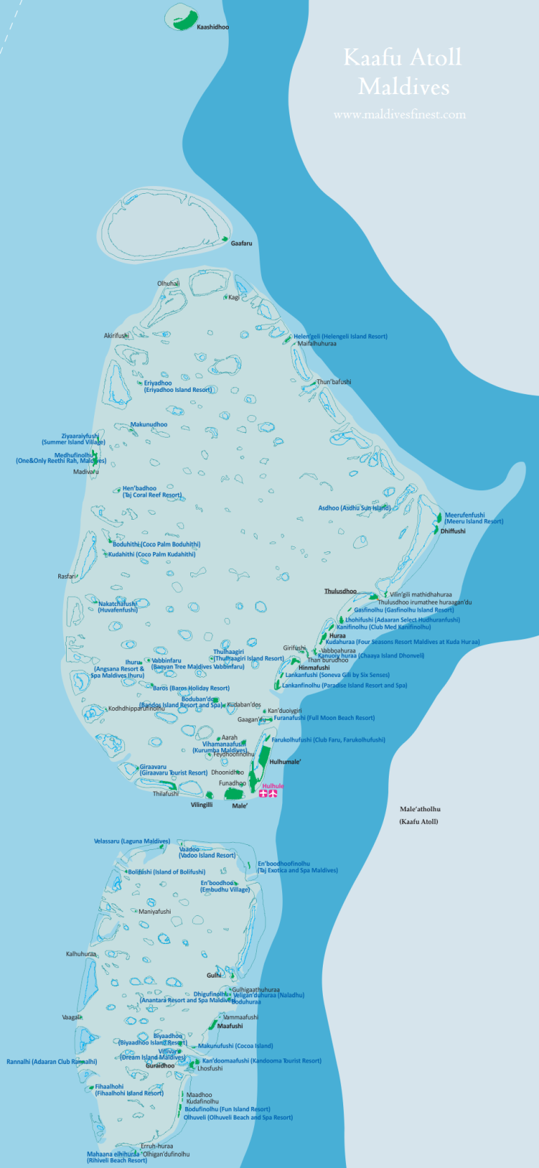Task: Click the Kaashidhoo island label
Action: tap(213, 27)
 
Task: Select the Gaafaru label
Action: tap(241, 244)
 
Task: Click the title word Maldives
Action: tap(404, 87)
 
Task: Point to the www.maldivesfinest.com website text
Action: tap(399, 114)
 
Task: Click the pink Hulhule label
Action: tap(273, 786)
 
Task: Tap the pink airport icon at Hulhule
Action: tap(269, 794)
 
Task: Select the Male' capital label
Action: tap(240, 806)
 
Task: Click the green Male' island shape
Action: tap(233, 794)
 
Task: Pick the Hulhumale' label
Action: tap(285, 762)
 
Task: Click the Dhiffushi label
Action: tap(453, 531)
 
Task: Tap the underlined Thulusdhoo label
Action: tap(340, 591)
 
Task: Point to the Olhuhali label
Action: tap(168, 284)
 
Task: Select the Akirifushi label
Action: tap(117, 336)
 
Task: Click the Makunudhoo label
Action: tap(149, 424)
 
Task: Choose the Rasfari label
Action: tap(67, 577)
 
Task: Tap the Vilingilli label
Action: tap(201, 805)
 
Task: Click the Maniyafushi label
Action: tap(154, 912)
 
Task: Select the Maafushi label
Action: tap(230, 1026)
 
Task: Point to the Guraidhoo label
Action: tap(160, 1065)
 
